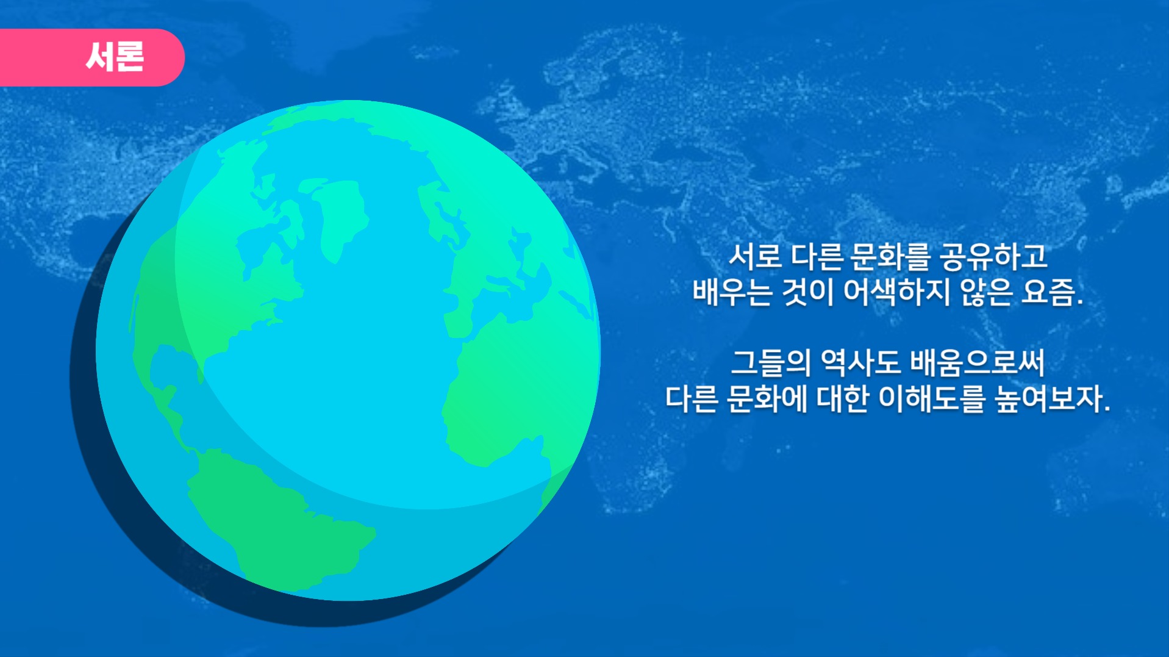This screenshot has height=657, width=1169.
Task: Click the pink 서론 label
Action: pos(115,57)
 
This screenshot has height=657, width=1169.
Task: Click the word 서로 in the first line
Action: pos(755,257)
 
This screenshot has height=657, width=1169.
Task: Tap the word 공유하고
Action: pos(994,257)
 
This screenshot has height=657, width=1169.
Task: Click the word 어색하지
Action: pos(896,292)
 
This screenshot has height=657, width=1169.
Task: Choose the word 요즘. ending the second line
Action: pos(1053,292)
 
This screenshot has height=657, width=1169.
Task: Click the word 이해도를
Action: pos(932,400)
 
